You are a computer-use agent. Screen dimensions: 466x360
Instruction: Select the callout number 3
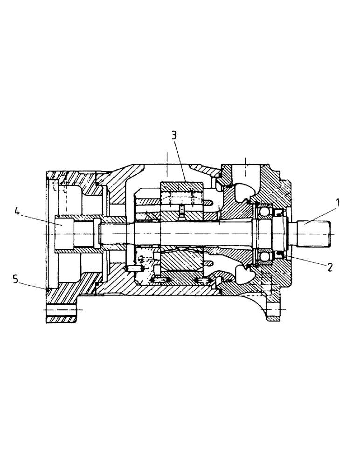173,136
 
